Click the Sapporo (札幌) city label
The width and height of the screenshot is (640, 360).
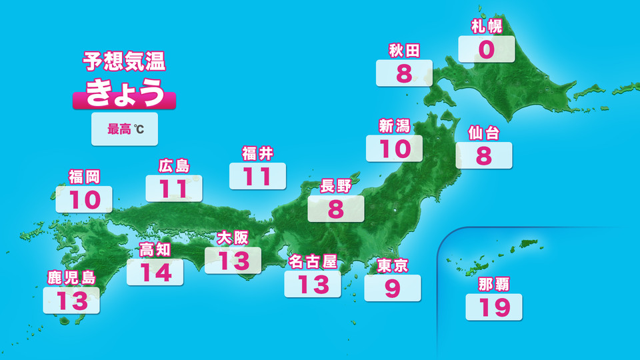point(486,27)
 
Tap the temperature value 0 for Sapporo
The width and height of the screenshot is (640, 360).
point(486,50)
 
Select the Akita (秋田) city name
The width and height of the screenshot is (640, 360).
point(404,51)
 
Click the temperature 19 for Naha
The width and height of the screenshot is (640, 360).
point(493,307)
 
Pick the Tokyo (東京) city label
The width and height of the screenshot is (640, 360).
point(392,265)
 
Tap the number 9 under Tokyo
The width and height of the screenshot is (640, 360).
point(392,288)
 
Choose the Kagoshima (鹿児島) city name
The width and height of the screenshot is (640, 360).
point(71,277)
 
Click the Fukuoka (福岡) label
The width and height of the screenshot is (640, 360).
point(84,177)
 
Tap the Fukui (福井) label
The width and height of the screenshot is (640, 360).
point(257,154)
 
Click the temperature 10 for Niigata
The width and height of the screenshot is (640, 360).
point(395,149)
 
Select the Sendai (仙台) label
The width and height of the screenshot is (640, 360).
point(484,133)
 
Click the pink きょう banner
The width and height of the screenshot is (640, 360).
point(124,94)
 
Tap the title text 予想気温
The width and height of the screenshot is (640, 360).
point(124,61)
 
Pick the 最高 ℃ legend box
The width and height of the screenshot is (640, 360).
point(125,129)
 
